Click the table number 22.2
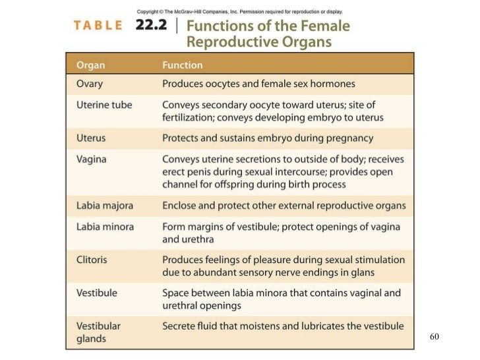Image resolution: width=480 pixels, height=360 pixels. tap(154, 26)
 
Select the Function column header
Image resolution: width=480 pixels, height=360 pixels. tap(183, 65)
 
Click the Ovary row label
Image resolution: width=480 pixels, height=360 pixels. tap(89, 84)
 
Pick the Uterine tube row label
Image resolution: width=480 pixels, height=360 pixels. tap(104, 105)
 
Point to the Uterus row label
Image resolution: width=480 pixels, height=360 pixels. tap(91, 138)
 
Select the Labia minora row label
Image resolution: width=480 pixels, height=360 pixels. tap(105, 226)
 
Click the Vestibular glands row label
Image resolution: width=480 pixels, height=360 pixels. tap(98, 332)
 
